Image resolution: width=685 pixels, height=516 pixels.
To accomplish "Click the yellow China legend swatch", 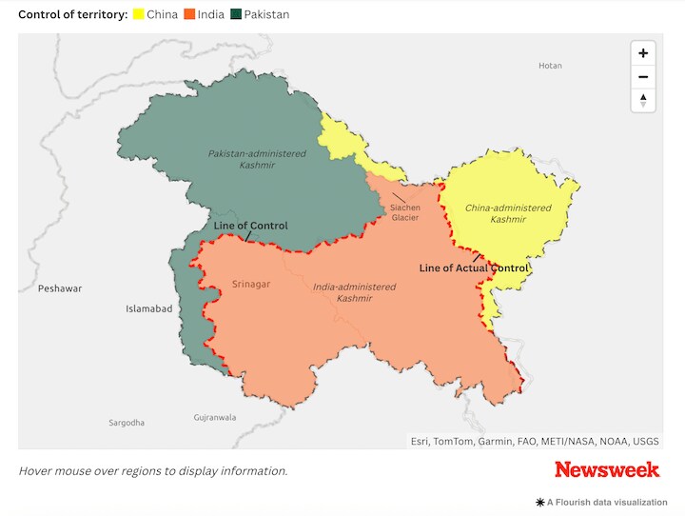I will click(x=138, y=14).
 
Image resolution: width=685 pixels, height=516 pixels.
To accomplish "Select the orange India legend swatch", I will click(x=188, y=14).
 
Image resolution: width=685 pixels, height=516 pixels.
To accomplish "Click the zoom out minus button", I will click(x=643, y=77).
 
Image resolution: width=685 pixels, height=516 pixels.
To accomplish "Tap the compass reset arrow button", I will click(x=643, y=100).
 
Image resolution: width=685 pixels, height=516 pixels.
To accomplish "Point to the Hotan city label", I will click(x=550, y=66).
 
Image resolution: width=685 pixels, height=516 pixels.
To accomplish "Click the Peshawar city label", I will click(x=60, y=288).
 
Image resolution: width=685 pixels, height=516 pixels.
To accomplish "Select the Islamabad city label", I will click(x=148, y=308).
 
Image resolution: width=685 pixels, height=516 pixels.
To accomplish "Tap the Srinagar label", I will click(x=251, y=284).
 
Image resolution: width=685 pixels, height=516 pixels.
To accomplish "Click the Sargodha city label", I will click(x=127, y=422).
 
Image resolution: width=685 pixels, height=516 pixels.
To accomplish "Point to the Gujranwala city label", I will click(x=214, y=417).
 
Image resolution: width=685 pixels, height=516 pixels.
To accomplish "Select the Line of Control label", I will click(x=250, y=226).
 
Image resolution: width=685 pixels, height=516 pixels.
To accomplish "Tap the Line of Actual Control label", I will click(x=473, y=268).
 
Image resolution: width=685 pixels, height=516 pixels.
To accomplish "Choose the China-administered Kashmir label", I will click(x=507, y=213).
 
